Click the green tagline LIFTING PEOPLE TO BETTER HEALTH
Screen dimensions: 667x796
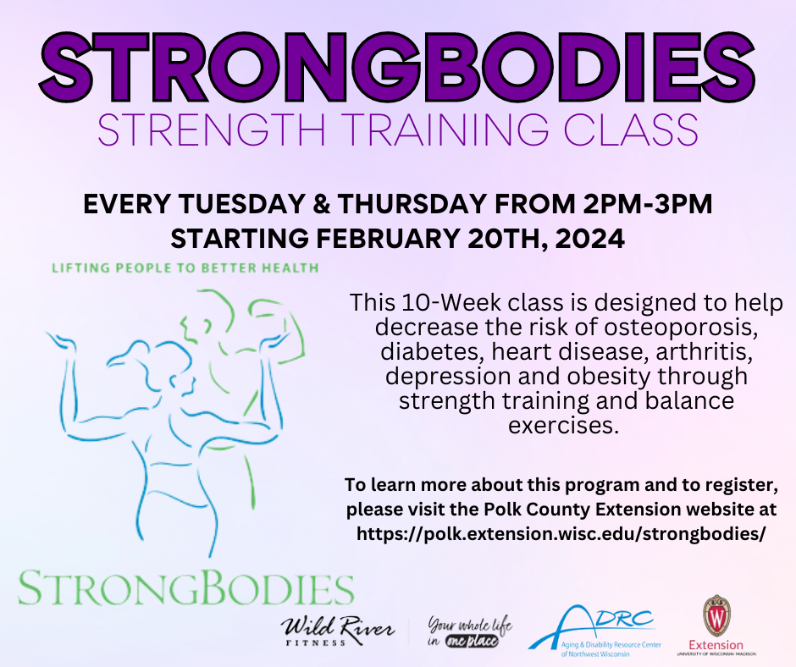(x=185, y=268)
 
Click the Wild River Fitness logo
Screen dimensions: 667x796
(x=339, y=631)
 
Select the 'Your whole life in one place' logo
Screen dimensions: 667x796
(x=462, y=631)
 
